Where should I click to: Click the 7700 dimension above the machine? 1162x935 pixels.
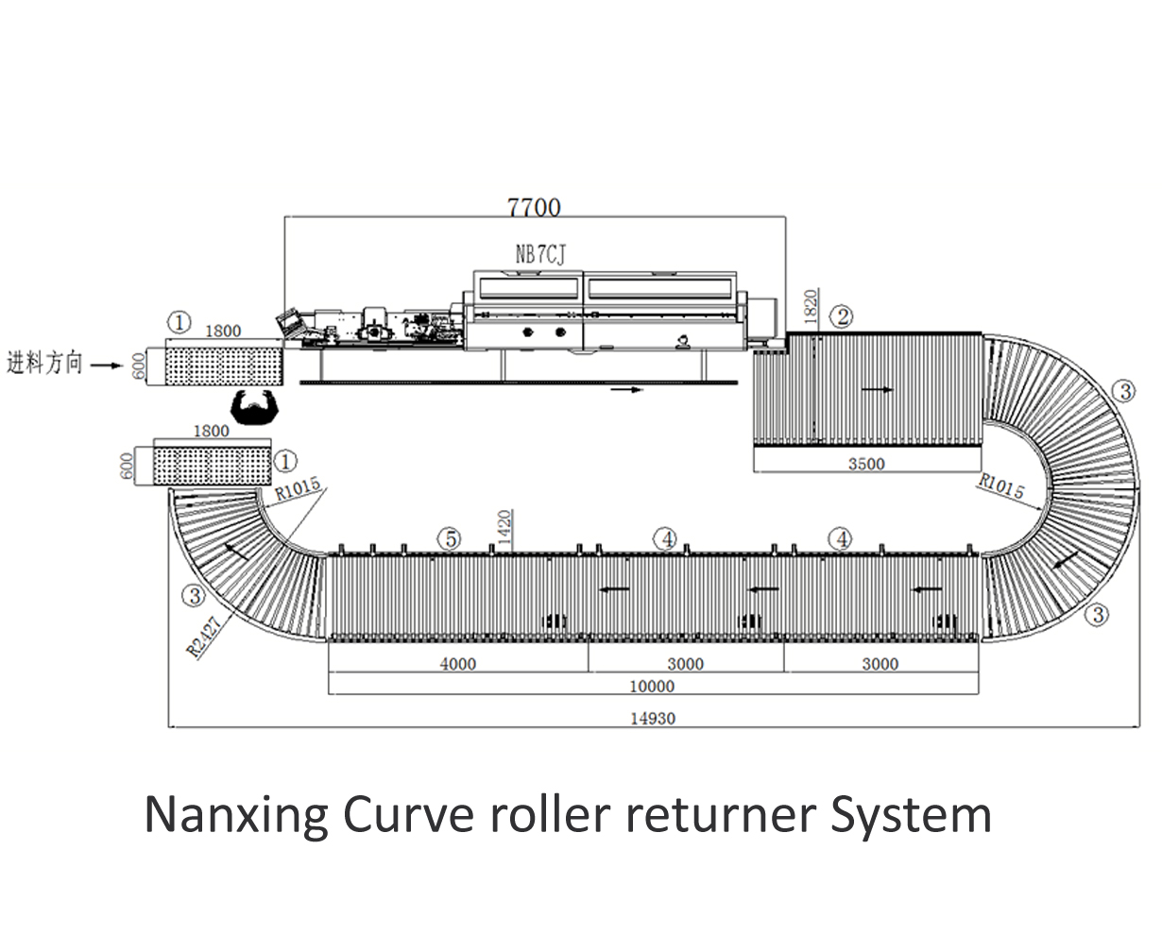(534, 206)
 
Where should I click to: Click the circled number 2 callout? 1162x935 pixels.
(840, 316)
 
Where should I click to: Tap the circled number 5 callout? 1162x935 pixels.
(451, 538)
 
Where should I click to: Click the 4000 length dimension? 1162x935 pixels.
(458, 664)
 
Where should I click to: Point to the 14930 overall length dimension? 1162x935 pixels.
(653, 719)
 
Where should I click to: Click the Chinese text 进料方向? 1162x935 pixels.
(45, 363)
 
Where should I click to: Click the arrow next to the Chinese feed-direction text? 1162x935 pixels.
(109, 363)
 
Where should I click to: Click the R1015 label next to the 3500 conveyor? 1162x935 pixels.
(1001, 485)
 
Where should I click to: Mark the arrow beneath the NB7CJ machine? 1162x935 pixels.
(626, 388)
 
